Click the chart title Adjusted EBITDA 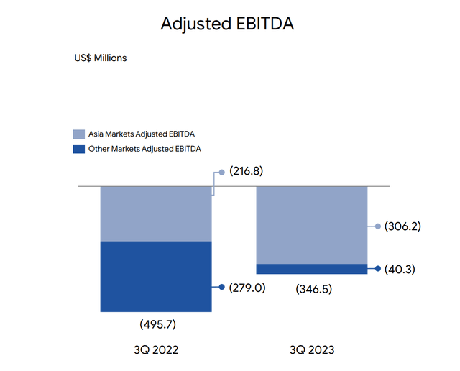(227, 24)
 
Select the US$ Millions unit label (101, 58)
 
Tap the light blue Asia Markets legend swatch (79, 134)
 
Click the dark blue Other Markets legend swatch (79, 149)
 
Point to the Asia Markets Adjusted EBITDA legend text (142, 134)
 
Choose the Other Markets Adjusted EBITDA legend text (144, 149)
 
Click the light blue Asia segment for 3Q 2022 (156, 214)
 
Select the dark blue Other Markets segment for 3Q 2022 (156, 277)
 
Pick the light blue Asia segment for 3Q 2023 (312, 226)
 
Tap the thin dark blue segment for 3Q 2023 (312, 269)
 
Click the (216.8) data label (246, 171)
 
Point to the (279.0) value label (247, 288)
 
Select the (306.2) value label (402, 226)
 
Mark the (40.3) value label (400, 269)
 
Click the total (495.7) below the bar (158, 324)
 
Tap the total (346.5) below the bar (314, 289)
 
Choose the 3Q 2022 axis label (156, 350)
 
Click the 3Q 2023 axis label (312, 350)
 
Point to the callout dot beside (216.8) (222, 173)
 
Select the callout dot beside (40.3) (378, 269)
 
